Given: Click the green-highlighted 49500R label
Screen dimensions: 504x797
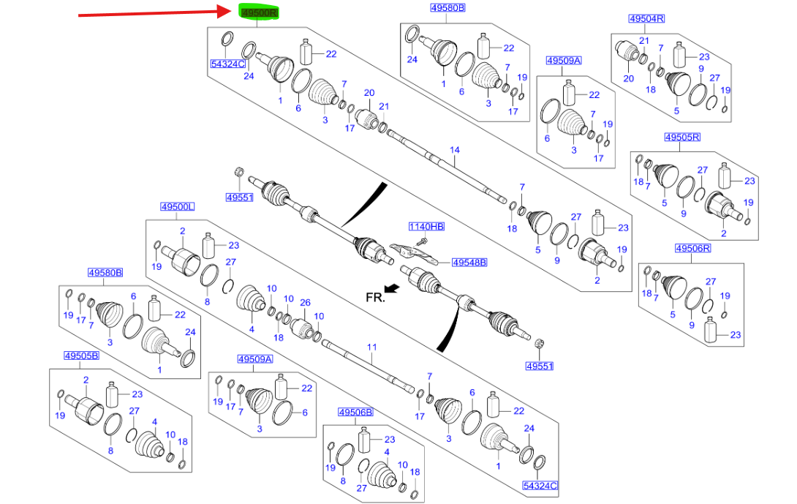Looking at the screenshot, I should [260, 12].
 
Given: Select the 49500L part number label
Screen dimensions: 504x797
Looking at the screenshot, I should [178, 207].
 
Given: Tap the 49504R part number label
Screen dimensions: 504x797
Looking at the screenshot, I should [646, 18].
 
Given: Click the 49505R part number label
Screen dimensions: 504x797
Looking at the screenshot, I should [682, 137].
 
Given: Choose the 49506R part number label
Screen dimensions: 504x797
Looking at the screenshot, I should [692, 249].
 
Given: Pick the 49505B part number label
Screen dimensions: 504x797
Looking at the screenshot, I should [82, 356].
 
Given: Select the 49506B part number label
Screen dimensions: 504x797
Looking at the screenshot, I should [355, 413].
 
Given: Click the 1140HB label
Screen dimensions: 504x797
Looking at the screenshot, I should [426, 227].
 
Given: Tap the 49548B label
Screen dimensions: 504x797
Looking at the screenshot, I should [469, 261].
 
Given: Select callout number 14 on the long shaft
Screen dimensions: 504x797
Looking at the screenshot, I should [454, 150].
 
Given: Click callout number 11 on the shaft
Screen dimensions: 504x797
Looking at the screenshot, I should [371, 347].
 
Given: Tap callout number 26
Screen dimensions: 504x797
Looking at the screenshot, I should [305, 302].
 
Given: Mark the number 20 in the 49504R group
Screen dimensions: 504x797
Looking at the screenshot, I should [628, 78].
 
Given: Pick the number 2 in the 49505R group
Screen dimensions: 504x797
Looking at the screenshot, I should [723, 233].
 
